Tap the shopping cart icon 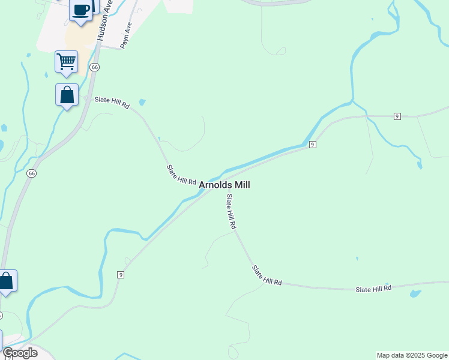coord(66,61)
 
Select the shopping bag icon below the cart coord(67,95)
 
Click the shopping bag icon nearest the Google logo coord(7,281)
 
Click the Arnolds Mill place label coord(224,185)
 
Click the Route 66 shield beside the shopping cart coord(95,67)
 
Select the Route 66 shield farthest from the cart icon coord(32,173)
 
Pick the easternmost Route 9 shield coord(397,116)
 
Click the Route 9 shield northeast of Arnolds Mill coord(312,145)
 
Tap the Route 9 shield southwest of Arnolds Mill coord(121,274)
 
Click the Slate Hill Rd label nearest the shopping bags coord(112,103)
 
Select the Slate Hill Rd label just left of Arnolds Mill coord(182,175)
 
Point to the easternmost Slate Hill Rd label coord(373,289)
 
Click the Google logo coord(20,353)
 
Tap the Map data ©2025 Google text coord(412,355)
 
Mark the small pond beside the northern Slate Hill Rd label coord(142,102)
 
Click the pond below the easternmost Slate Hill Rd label coord(415,294)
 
